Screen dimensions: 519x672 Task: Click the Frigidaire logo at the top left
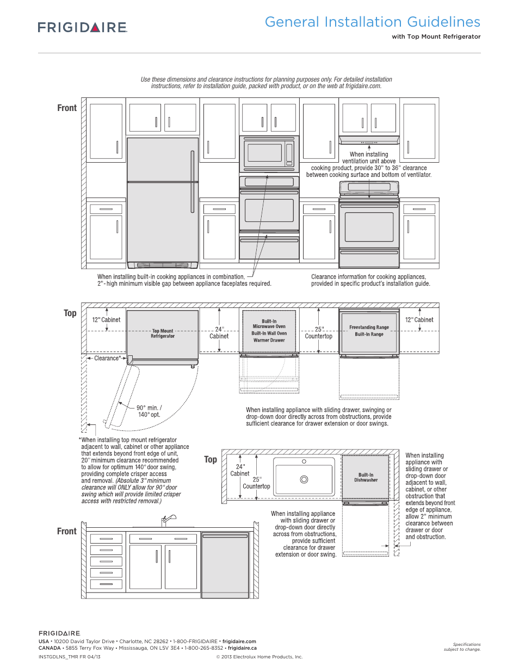83,27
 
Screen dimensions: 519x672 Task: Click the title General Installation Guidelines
373,22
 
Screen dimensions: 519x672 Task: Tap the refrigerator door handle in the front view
193,182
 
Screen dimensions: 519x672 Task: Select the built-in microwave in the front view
269,154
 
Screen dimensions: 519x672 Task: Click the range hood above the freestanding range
369,140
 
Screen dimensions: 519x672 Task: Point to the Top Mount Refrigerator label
163,334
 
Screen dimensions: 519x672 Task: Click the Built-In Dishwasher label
366,477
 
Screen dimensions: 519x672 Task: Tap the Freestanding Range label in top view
369,327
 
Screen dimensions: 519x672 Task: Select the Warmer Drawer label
269,340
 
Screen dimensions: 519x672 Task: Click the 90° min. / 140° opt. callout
149,411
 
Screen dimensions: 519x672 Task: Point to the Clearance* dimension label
107,358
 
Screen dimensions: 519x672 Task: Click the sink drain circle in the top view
304,479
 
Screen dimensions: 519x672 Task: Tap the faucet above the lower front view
169,521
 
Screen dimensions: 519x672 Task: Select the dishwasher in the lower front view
225,565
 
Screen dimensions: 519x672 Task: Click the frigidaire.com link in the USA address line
239,642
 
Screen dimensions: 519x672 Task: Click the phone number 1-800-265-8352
203,648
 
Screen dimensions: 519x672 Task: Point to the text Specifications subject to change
462,646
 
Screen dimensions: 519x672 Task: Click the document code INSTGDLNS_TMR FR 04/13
70,657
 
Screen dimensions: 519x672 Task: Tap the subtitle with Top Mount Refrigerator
436,36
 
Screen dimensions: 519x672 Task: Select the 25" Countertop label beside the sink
256,483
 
